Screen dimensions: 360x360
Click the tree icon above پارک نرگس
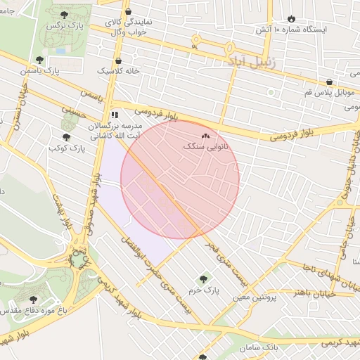coord(64,14)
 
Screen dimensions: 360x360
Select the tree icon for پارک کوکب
coord(66,137)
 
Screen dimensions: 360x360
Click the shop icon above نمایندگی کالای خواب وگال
coord(127,12)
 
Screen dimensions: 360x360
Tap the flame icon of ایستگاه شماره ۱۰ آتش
coord(292,19)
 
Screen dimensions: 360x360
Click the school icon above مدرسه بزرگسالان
coord(115,115)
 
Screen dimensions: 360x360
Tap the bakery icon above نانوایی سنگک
coord(205,136)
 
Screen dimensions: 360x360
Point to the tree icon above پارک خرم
coord(205,278)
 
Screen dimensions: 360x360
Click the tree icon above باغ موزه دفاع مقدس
coord(33,300)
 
